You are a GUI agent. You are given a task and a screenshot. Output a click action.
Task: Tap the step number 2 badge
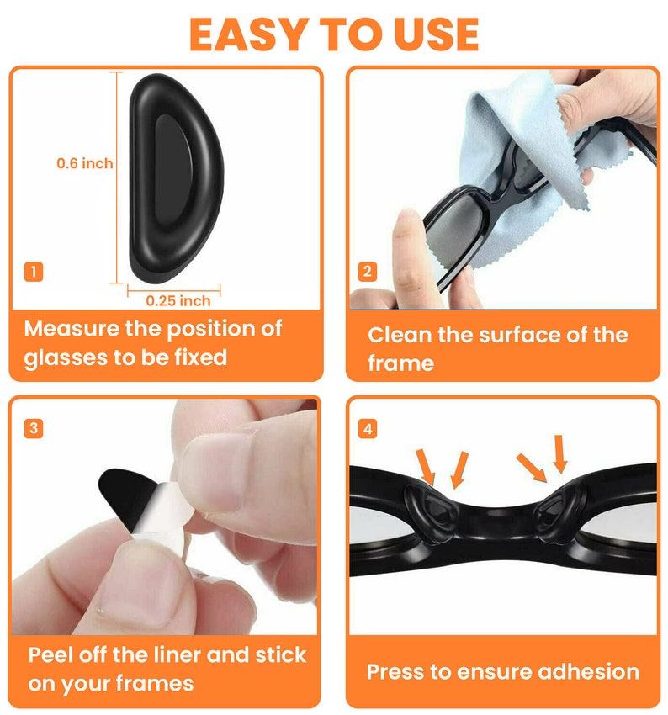pyautogui.click(x=368, y=272)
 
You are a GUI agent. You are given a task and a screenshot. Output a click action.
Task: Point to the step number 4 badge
pyautogui.click(x=368, y=428)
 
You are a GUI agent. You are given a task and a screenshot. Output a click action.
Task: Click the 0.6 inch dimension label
pyautogui.click(x=84, y=163)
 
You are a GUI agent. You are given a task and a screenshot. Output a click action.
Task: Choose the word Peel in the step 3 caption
pyautogui.click(x=52, y=654)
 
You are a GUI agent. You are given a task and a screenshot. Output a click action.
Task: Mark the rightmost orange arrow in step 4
pyautogui.click(x=559, y=455)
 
